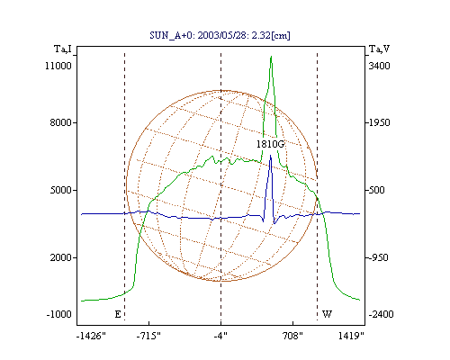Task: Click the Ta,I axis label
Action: (x=63, y=49)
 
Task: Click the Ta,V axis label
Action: (x=379, y=49)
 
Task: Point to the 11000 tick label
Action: (x=58, y=66)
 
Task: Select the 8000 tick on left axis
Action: (x=60, y=122)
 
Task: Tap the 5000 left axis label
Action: (x=60, y=190)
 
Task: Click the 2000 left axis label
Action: (x=60, y=257)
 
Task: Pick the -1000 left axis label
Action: (x=59, y=314)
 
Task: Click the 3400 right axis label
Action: (x=379, y=66)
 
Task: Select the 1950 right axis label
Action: (x=379, y=122)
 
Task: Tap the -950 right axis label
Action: (x=378, y=257)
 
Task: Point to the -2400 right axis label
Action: (x=381, y=314)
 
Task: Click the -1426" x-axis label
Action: (x=91, y=336)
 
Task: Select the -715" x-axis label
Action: (x=148, y=336)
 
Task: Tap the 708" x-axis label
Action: (x=292, y=336)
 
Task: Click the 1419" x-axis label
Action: (x=351, y=336)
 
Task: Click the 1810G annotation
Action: (x=270, y=144)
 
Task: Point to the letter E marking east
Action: (x=118, y=314)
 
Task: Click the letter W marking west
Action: (x=327, y=314)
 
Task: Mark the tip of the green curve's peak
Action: (x=271, y=56)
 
